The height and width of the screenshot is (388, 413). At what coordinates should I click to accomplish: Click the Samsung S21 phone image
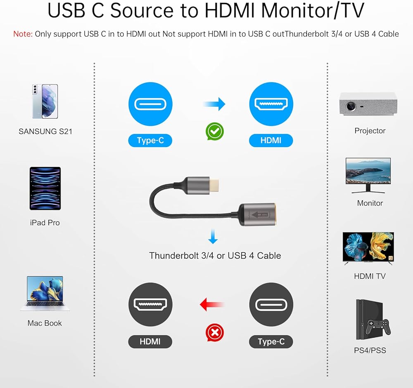tap(45, 101)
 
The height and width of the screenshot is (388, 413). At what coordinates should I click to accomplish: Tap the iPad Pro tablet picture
tap(45, 188)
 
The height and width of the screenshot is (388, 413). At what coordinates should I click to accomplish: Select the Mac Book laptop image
tap(45, 293)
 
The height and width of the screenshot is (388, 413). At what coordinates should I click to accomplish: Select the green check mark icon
tap(215, 132)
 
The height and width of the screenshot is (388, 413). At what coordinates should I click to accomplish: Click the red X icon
tap(215, 332)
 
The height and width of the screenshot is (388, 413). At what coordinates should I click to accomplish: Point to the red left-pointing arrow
tap(211, 305)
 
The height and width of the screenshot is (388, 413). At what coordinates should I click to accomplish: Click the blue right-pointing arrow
tap(215, 104)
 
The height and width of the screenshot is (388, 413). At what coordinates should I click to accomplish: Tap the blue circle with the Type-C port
tap(150, 104)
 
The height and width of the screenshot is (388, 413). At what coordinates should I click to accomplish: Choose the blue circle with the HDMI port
tap(271, 104)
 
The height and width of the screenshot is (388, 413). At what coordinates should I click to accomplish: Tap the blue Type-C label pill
tap(150, 141)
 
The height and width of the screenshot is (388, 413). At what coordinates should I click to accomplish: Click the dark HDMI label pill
tap(150, 341)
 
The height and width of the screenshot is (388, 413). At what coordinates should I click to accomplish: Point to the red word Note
tap(23, 34)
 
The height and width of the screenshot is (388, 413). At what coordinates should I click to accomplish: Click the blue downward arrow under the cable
tap(213, 238)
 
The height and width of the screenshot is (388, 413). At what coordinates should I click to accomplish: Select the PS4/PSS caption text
tap(370, 350)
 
